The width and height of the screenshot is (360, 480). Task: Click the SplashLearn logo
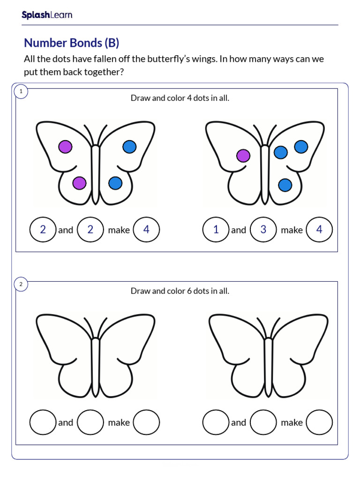[x=47, y=15]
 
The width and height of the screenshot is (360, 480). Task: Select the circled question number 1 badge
[x=21, y=91]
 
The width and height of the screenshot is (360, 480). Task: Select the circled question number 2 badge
[x=21, y=284]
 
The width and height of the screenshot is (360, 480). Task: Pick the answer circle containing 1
[x=216, y=230]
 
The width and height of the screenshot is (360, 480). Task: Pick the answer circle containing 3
[x=263, y=230]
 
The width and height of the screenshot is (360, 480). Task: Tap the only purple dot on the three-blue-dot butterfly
[x=243, y=156]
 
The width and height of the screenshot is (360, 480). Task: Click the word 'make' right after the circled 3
[x=292, y=230]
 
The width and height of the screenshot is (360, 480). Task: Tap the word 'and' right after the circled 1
[x=238, y=230]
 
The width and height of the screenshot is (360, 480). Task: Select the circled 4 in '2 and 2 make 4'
[x=146, y=230]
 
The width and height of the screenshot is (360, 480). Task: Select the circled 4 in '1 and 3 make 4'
[x=319, y=230]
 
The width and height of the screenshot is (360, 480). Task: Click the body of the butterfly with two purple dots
[x=96, y=173]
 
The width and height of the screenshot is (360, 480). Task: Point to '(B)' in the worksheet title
[x=112, y=43]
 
